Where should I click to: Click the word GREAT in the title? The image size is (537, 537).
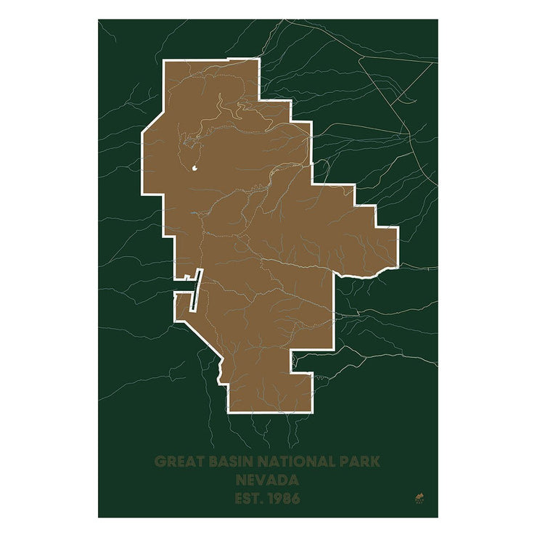coord(177,462)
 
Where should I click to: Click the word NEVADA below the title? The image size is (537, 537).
coord(268,480)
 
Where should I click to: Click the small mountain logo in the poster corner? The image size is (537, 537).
coord(419,496)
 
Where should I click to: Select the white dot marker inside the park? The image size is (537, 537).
coord(195,169)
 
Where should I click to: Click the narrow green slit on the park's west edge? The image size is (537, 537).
coord(194,290)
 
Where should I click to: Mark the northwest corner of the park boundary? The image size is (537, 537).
coord(165,62)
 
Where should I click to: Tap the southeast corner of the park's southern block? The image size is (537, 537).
coord(312,410)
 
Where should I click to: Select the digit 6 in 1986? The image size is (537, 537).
coord(295,499)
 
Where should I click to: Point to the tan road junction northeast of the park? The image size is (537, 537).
coord(358,58)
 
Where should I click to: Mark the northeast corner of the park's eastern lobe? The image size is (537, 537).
coord(397,228)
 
